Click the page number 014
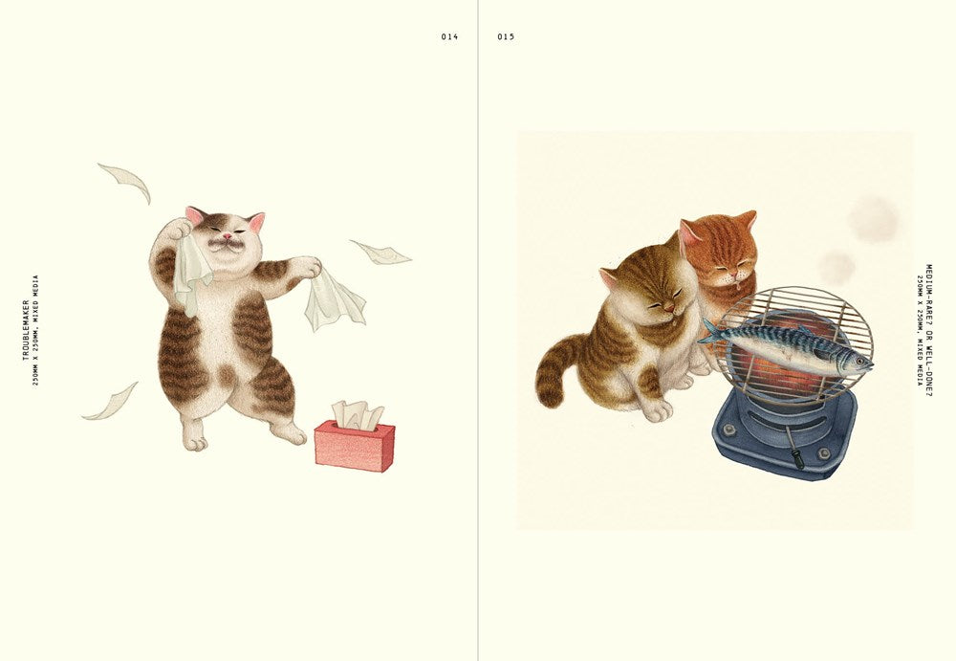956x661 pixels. coord(449,36)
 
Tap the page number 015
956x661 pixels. coord(506,36)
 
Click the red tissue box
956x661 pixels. coord(355,446)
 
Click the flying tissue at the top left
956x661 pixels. coord(124,180)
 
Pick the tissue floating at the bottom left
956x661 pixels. coord(112,402)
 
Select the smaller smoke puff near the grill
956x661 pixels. coord(836,267)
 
